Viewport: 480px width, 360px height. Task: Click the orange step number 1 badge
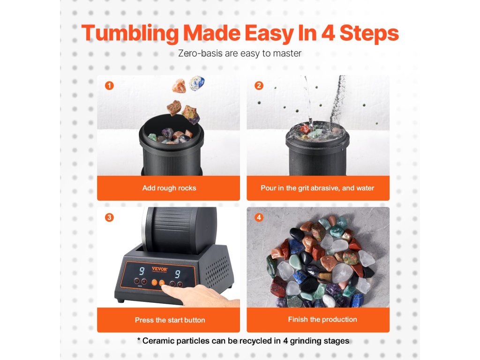(x=109, y=85)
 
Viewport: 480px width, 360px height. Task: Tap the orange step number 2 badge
(x=259, y=85)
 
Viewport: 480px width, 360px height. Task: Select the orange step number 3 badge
(x=109, y=217)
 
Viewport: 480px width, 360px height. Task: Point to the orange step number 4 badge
(x=259, y=217)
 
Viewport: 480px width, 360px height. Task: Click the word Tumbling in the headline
(x=130, y=34)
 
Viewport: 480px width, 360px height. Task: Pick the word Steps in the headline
(x=369, y=34)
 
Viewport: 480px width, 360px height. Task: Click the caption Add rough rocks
(x=169, y=188)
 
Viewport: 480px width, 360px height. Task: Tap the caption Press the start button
(x=170, y=320)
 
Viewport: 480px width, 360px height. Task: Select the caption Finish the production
(x=322, y=319)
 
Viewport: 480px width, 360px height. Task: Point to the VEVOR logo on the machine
(x=159, y=269)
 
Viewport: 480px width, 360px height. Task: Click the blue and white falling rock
(x=196, y=83)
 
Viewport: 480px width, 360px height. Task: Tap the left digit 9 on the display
(x=142, y=271)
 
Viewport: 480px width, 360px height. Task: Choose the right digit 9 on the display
(x=177, y=274)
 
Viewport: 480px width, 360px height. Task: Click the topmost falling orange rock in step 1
(x=179, y=86)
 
